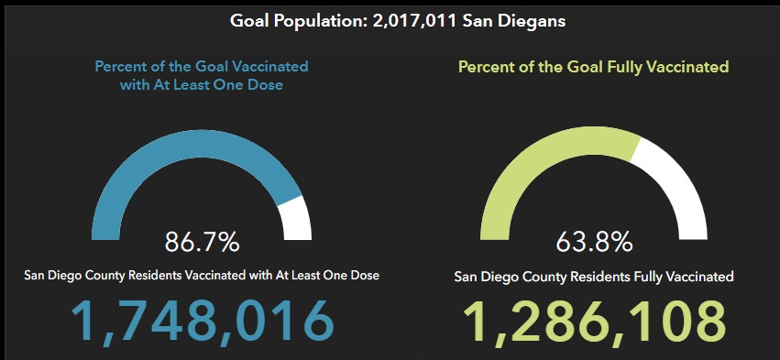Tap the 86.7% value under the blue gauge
202,242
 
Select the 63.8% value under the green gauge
593,243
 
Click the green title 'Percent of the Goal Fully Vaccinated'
593,67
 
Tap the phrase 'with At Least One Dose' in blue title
203,84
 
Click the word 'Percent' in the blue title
123,67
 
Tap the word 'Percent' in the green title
486,67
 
